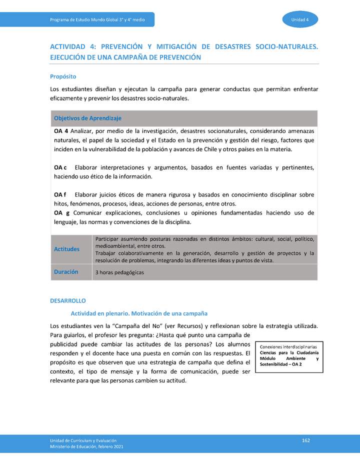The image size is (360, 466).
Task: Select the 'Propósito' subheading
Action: (x=63, y=76)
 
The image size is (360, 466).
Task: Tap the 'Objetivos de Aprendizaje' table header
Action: (x=87, y=118)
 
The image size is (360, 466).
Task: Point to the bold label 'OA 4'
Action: (x=61, y=131)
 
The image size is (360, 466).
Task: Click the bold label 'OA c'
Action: (x=60, y=167)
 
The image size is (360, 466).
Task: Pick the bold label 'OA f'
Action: (x=60, y=194)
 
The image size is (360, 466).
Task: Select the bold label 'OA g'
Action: (x=61, y=212)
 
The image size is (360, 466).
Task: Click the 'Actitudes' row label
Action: (x=66, y=249)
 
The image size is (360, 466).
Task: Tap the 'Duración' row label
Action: (x=66, y=272)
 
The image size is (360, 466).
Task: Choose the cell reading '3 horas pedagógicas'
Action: (x=119, y=272)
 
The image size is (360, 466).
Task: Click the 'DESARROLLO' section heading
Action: (x=68, y=300)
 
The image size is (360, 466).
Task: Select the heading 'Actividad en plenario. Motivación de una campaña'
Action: (x=139, y=313)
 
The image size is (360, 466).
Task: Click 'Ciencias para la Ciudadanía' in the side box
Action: (x=289, y=353)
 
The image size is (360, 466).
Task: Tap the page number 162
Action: (x=306, y=440)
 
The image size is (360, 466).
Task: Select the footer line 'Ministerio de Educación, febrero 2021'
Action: (x=86, y=446)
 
